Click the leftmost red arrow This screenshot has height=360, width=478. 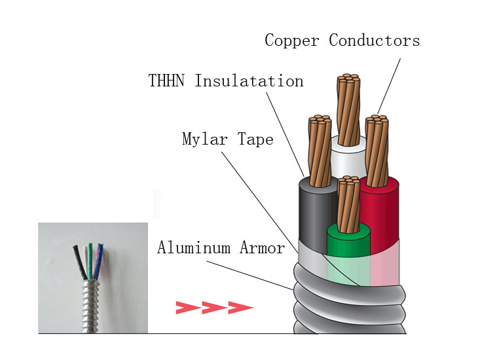click(x=187, y=307)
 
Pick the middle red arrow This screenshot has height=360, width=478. click(x=213, y=307)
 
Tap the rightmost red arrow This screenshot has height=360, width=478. click(x=240, y=307)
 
